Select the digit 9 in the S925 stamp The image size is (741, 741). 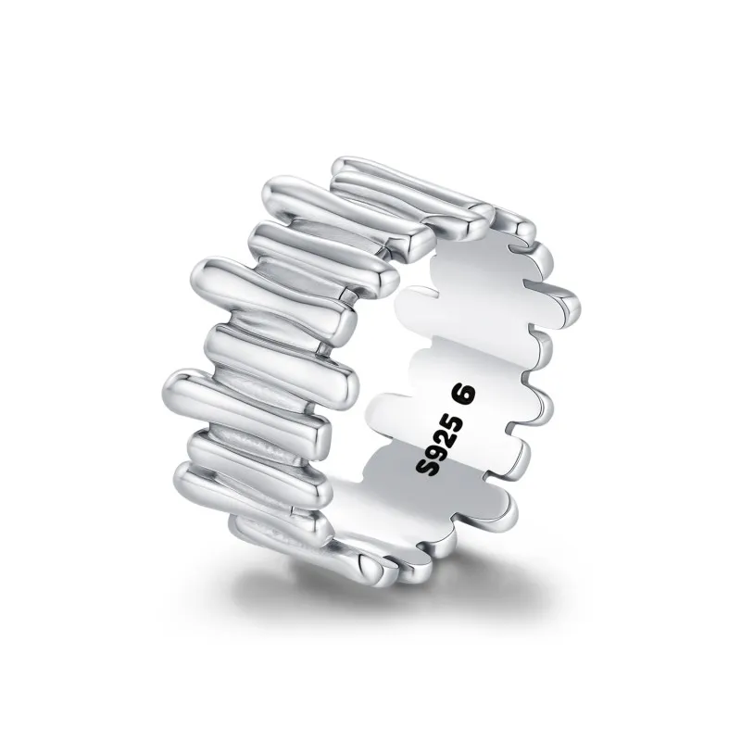click(432, 451)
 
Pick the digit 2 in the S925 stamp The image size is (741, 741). click(442, 436)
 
